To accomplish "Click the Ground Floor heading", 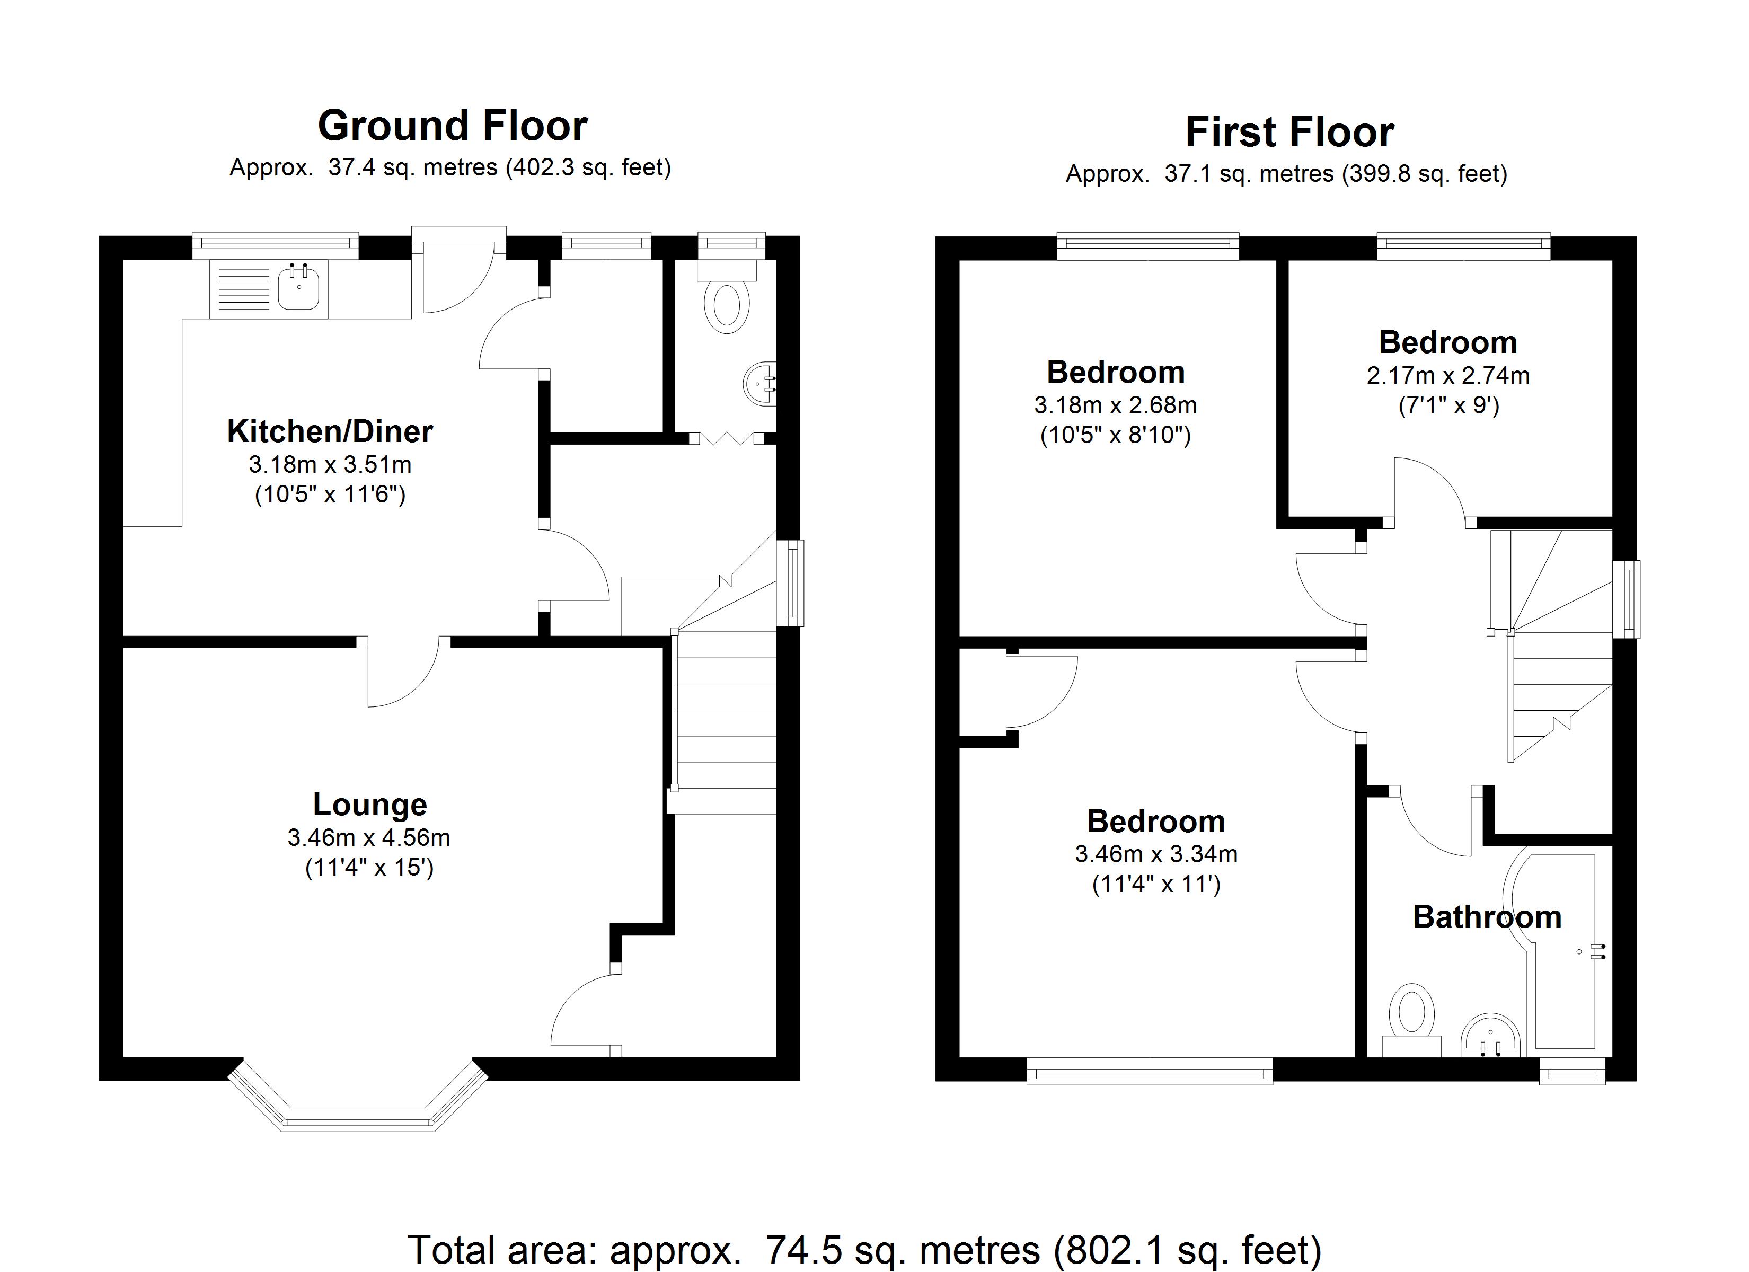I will click(453, 126).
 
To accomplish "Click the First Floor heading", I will click(1289, 132).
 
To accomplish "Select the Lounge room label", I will click(369, 805).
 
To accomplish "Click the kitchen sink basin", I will click(298, 289).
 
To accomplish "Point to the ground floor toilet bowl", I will click(727, 306).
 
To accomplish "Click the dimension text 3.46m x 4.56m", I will click(369, 838).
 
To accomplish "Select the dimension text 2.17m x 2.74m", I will click(1447, 376).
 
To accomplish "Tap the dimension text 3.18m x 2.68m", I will click(1115, 405).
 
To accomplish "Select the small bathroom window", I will click(1571, 1072).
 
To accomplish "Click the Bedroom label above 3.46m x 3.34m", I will click(1155, 821).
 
